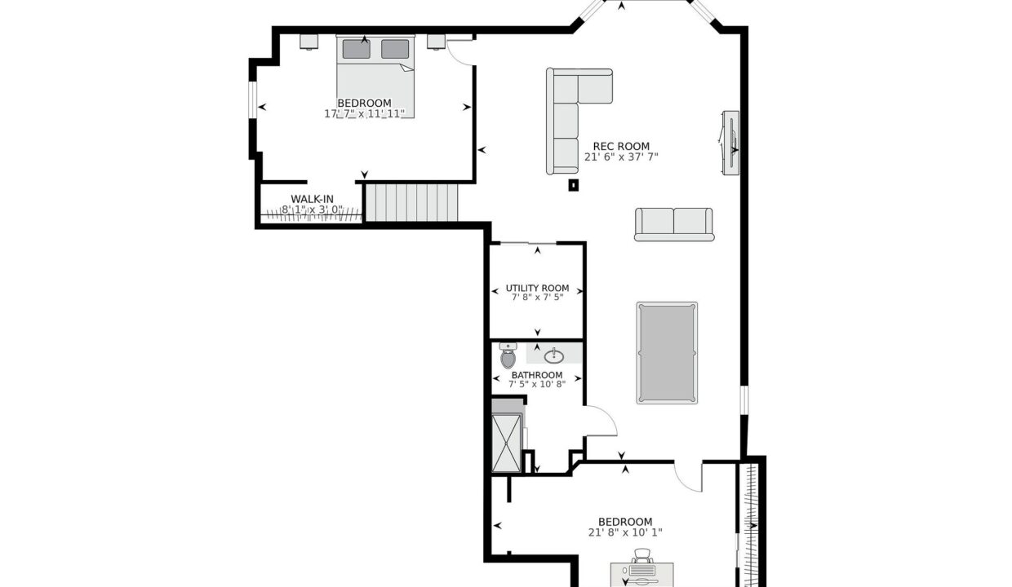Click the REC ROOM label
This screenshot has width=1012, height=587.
click(621, 146)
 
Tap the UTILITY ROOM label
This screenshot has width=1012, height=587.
click(537, 288)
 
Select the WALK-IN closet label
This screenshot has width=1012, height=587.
click(313, 199)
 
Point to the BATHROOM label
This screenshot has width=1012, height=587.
click(537, 375)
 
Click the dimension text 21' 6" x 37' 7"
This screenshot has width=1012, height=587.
click(621, 157)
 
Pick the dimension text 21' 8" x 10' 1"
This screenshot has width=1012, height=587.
click(625, 532)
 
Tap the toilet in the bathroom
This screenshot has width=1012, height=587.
click(508, 355)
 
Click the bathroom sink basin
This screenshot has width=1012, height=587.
click(554, 356)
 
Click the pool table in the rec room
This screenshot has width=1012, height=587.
click(667, 353)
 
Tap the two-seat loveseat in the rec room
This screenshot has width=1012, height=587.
click(674, 224)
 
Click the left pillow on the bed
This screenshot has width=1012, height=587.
click(356, 49)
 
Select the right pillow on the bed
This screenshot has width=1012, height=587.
click(395, 49)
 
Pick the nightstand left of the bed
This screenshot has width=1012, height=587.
click(309, 42)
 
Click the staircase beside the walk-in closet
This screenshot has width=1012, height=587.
click(411, 202)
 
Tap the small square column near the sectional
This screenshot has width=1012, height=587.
click(573, 185)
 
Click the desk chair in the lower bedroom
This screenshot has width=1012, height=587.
click(642, 556)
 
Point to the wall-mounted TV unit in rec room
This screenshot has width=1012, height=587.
click(730, 143)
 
